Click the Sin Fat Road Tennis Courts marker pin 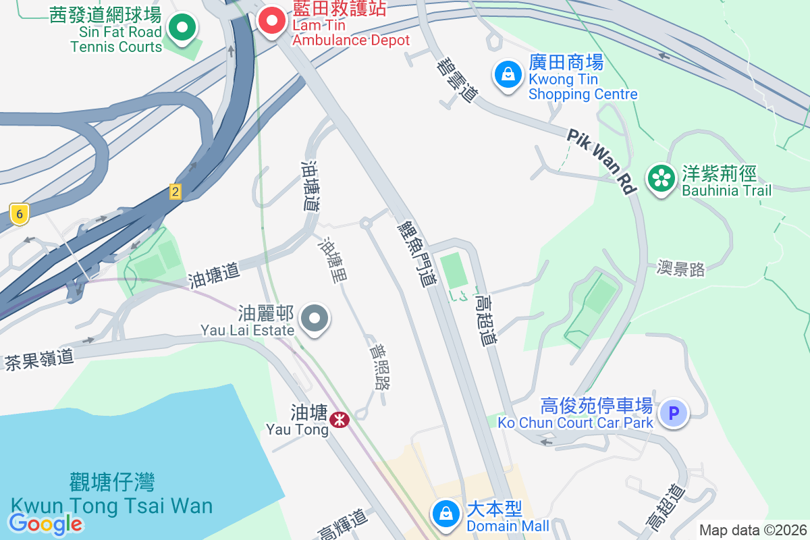(x=182, y=28)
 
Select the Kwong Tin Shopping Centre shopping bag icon (x=508, y=74)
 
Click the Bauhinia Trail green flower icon (x=661, y=178)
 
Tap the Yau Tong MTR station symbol (x=339, y=420)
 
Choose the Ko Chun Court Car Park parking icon (x=673, y=412)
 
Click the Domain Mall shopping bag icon (x=446, y=514)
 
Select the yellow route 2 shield (x=175, y=192)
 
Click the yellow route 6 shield (x=20, y=215)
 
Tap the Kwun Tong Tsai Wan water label (x=111, y=495)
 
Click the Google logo (x=45, y=523)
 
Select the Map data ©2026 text (x=752, y=530)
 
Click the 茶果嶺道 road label (x=39, y=358)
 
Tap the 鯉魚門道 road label (x=416, y=252)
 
